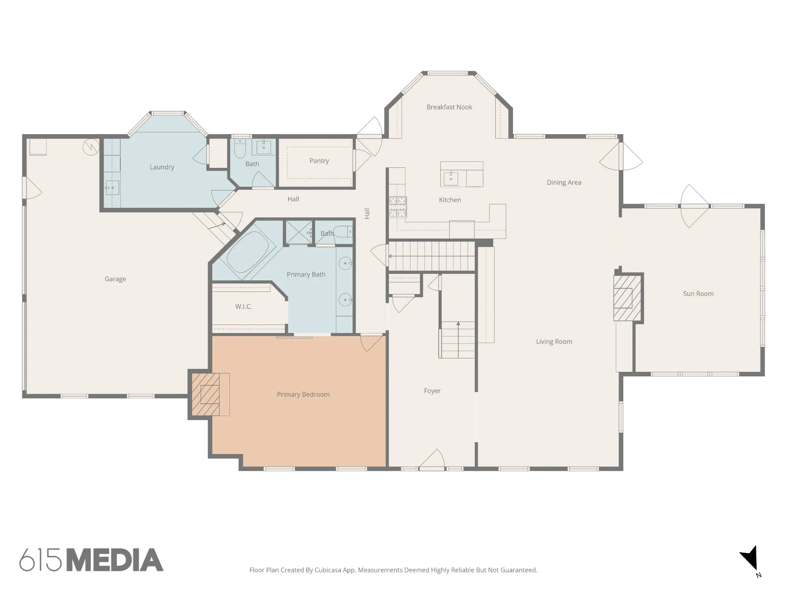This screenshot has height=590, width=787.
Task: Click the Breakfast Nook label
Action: pyautogui.click(x=449, y=107)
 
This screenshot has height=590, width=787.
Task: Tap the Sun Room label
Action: pyautogui.click(x=698, y=294)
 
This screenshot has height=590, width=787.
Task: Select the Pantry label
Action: pyautogui.click(x=319, y=161)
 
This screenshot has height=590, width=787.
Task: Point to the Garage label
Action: pyautogui.click(x=115, y=279)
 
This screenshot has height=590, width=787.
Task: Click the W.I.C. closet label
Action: pyautogui.click(x=244, y=307)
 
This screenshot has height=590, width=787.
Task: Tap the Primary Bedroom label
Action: pyautogui.click(x=303, y=394)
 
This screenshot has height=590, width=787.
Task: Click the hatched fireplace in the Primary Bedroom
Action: pyautogui.click(x=206, y=394)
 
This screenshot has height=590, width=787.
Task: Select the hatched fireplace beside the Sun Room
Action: pyautogui.click(x=627, y=298)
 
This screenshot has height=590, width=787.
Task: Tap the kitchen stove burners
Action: pyautogui.click(x=398, y=207)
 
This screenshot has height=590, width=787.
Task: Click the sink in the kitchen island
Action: pyautogui.click(x=451, y=178)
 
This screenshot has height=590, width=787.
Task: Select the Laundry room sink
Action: pyautogui.click(x=112, y=188)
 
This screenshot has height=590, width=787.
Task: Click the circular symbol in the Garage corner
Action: pyautogui.click(x=91, y=147)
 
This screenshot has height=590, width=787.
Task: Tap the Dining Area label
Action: pyautogui.click(x=564, y=182)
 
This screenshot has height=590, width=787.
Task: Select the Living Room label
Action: pyautogui.click(x=554, y=341)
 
